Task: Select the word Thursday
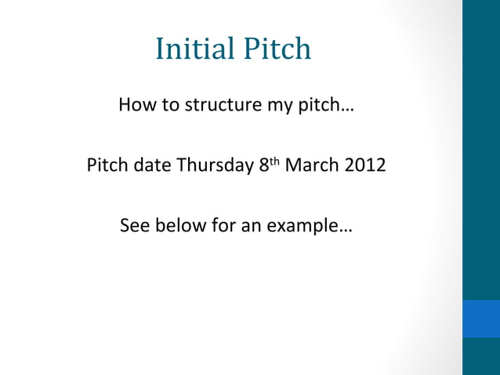click(212, 167)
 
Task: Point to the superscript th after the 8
click(274, 162)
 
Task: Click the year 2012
click(363, 166)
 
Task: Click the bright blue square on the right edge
click(481, 318)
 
